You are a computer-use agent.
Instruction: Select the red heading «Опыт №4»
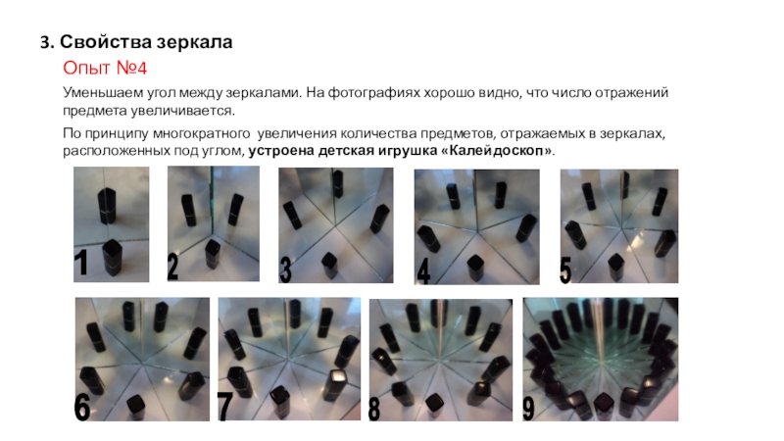(105, 68)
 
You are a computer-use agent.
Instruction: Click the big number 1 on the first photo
(81, 263)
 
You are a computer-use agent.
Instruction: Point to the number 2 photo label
(172, 267)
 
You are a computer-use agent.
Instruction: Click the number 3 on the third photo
(285, 270)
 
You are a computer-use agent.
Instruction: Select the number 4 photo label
(423, 272)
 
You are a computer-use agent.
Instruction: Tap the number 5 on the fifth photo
(565, 270)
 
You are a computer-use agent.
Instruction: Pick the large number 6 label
(82, 407)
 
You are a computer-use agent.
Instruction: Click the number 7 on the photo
(224, 407)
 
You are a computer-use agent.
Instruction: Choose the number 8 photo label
(374, 409)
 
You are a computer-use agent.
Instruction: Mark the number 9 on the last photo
(528, 409)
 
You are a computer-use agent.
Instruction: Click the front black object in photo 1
(112, 258)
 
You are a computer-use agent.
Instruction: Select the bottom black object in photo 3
(329, 265)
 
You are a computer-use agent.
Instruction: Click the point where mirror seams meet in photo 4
(477, 231)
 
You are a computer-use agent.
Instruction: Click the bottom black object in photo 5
(616, 267)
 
